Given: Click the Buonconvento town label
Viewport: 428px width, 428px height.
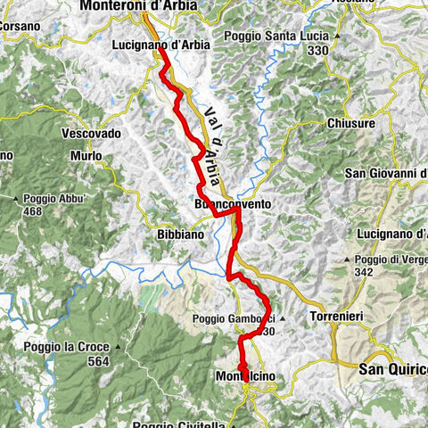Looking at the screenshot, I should pyautogui.click(x=232, y=204).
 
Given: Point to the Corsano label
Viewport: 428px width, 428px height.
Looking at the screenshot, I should pyautogui.click(x=20, y=27).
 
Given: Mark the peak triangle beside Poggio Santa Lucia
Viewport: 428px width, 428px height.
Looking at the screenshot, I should pyautogui.click(x=337, y=36).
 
